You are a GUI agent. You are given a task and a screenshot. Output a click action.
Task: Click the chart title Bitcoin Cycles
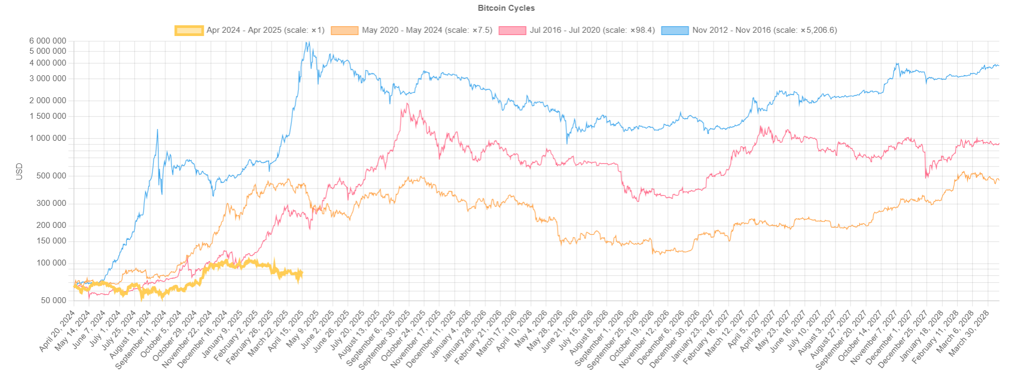(x=506, y=8)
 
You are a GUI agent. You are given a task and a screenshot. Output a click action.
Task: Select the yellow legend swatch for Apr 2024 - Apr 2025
(x=189, y=31)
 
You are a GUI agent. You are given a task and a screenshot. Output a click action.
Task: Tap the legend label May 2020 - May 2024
(x=427, y=30)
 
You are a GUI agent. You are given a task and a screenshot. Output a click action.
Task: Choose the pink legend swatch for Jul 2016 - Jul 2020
(x=512, y=31)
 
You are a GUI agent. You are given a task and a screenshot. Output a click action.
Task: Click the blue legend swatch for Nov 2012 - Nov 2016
(x=674, y=31)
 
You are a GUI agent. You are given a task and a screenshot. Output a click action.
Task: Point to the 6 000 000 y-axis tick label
(x=48, y=41)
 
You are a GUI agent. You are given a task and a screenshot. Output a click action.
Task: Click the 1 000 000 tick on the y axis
(x=48, y=138)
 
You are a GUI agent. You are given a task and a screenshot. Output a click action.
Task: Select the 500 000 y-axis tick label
(x=52, y=176)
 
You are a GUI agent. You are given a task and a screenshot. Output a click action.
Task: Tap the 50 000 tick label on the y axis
(x=54, y=300)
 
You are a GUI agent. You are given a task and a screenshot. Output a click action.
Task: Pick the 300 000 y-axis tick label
(x=52, y=203)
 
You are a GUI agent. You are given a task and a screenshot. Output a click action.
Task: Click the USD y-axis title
(x=19, y=171)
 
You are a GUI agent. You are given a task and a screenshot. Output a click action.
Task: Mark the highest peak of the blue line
(x=306, y=42)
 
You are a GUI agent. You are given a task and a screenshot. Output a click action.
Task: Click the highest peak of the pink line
(x=408, y=104)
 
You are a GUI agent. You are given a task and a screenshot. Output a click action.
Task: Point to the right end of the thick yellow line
(x=303, y=273)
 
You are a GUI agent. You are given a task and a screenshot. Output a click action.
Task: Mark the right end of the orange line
(x=998, y=180)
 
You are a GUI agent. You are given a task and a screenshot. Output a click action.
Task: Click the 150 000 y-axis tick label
(x=52, y=241)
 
